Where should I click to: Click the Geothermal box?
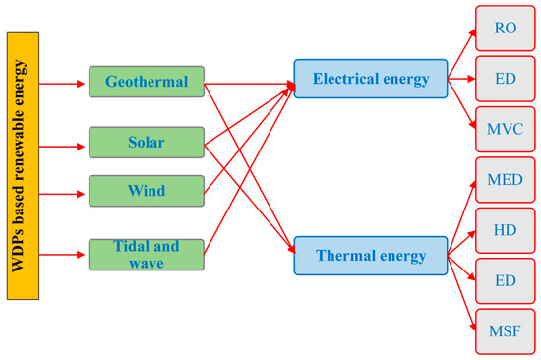coord(145,81)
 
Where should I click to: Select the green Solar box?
coord(145,142)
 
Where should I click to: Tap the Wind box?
coord(145,189)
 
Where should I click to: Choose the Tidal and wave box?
coord(145,254)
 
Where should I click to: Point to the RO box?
coord(506,28)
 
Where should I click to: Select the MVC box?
coord(506,128)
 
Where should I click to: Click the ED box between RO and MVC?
coord(506,78)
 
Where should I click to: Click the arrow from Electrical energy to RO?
coord(460,50)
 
